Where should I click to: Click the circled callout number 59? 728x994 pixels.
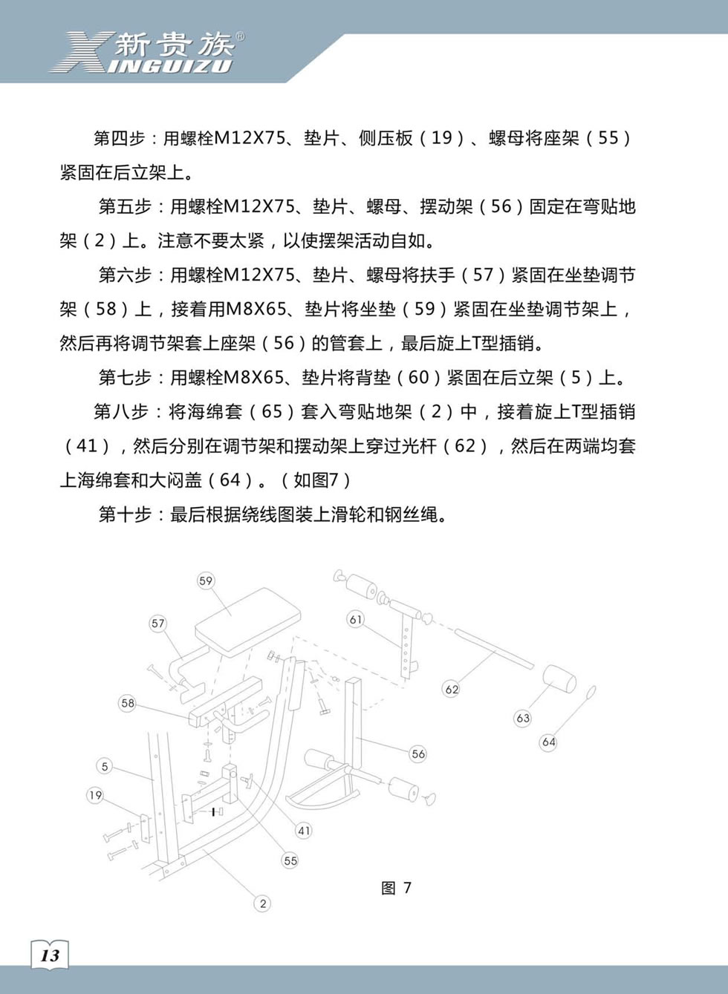pyautogui.click(x=206, y=581)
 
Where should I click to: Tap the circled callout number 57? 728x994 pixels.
pyautogui.click(x=158, y=624)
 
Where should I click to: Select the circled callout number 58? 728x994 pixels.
pyautogui.click(x=128, y=703)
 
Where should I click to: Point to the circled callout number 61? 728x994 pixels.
pyautogui.click(x=357, y=619)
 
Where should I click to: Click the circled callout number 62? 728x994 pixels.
pyautogui.click(x=452, y=689)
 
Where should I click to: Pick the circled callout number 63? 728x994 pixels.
pyautogui.click(x=523, y=718)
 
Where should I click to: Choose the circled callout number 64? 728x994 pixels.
pyautogui.click(x=548, y=742)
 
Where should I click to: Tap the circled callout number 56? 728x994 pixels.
pyautogui.click(x=418, y=753)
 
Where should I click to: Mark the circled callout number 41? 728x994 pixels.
pyautogui.click(x=304, y=830)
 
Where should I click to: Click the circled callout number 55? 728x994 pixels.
pyautogui.click(x=290, y=860)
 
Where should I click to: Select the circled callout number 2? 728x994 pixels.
pyautogui.click(x=262, y=903)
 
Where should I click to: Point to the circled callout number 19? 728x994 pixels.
pyautogui.click(x=95, y=795)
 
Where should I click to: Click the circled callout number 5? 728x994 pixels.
pyautogui.click(x=105, y=766)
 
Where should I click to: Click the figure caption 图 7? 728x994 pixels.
pyautogui.click(x=396, y=888)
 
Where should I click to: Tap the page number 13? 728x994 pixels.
pyautogui.click(x=50, y=955)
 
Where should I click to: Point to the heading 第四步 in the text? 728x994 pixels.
pyautogui.click(x=119, y=138)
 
